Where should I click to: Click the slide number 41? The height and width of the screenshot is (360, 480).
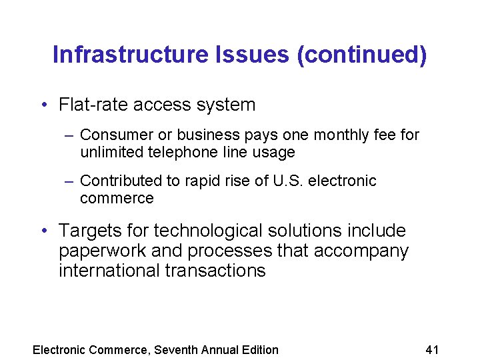click(x=432, y=349)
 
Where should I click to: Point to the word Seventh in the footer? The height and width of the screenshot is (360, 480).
click(x=177, y=349)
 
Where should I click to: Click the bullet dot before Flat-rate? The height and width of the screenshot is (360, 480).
click(x=43, y=105)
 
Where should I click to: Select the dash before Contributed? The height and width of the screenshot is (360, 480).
click(x=69, y=181)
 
